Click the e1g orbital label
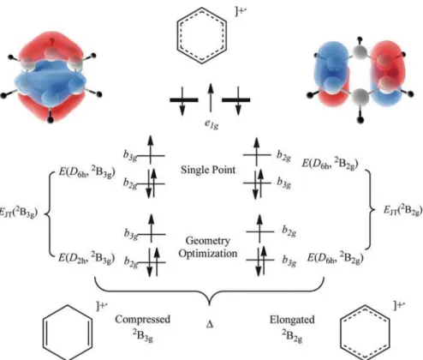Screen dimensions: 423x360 (x=211, y=124)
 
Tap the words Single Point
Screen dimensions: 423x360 (x=208, y=170)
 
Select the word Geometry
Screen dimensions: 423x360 (x=208, y=241)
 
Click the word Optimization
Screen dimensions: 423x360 (x=208, y=254)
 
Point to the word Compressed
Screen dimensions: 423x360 (x=143, y=320)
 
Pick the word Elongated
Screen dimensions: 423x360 (x=292, y=320)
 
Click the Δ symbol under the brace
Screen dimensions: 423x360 (x=210, y=325)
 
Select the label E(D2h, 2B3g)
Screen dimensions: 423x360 (x=86, y=258)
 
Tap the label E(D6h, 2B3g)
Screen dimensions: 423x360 (x=86, y=172)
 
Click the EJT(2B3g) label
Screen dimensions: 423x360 (x=19, y=213)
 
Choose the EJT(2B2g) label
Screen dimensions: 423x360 (x=402, y=210)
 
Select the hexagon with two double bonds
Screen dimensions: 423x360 (x=68, y=332)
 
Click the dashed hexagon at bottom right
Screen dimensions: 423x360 (x=365, y=332)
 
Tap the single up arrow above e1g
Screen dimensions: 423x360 (x=211, y=97)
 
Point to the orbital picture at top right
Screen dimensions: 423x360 (x=360, y=80)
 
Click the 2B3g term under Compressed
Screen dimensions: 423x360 (x=143, y=335)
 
